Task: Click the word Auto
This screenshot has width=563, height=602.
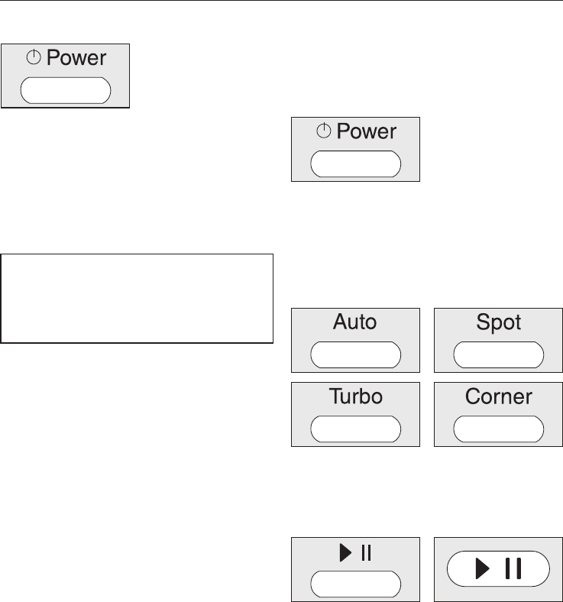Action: (355, 322)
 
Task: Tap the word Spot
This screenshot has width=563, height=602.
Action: (499, 322)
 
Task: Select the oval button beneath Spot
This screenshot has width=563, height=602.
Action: (499, 355)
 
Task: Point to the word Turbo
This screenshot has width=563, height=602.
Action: (355, 396)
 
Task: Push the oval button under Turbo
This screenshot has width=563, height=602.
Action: (355, 429)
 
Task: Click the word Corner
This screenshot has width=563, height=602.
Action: (499, 396)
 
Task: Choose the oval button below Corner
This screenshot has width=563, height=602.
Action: (499, 429)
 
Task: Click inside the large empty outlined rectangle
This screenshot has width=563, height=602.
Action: (138, 298)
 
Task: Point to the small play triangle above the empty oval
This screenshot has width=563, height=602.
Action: (345, 552)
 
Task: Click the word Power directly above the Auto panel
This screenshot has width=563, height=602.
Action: (367, 131)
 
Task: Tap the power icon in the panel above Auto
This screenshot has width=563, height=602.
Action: (324, 132)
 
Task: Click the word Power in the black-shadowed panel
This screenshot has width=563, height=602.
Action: (76, 57)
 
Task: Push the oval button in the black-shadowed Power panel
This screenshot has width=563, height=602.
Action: (66, 90)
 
